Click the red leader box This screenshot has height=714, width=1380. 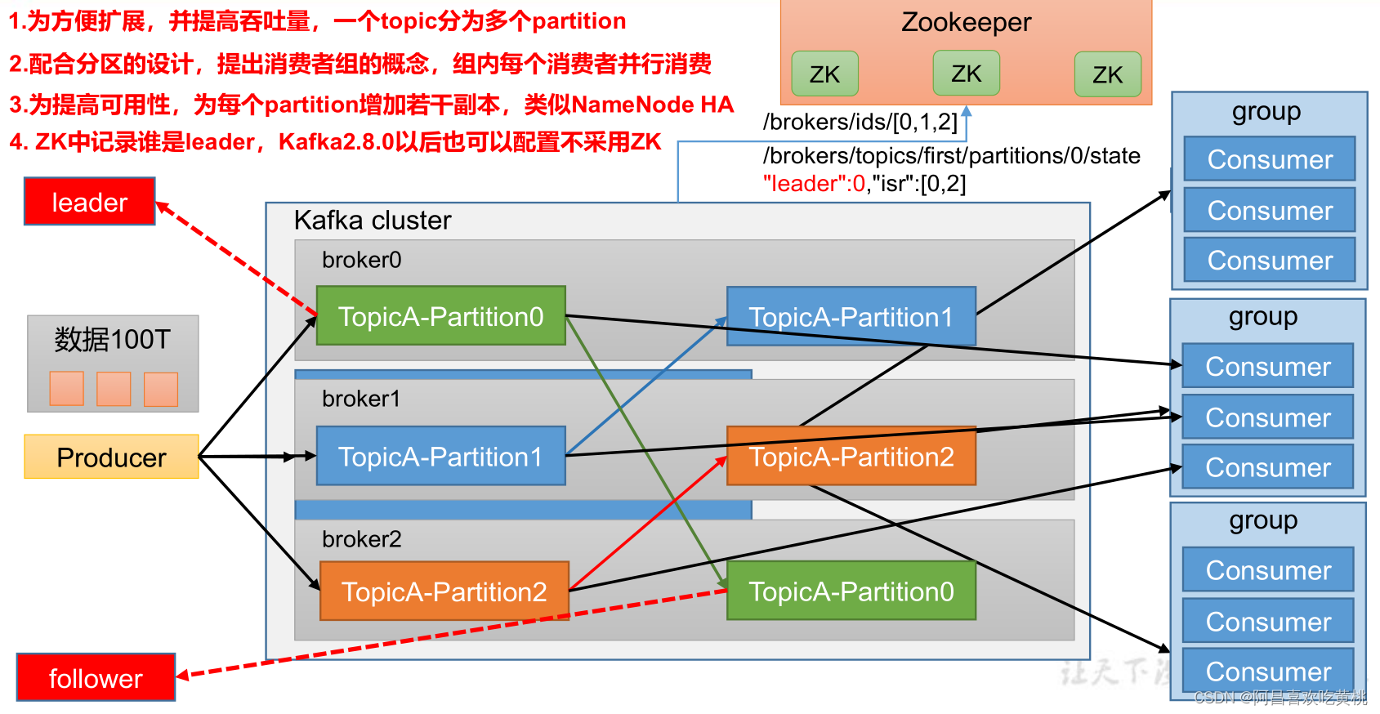click(x=90, y=202)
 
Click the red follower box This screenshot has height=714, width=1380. click(x=96, y=677)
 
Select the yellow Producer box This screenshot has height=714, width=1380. click(x=111, y=457)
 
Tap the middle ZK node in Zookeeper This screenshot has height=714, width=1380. click(x=966, y=74)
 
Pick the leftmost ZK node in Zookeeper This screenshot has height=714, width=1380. click(x=824, y=74)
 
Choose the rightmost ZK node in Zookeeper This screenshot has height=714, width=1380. click(x=1108, y=74)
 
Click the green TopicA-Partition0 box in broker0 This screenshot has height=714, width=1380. click(x=441, y=315)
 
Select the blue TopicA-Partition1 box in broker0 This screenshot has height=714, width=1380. click(x=851, y=316)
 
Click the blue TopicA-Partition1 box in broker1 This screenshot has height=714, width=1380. click(x=441, y=456)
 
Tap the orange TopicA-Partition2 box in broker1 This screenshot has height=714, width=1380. click(x=851, y=456)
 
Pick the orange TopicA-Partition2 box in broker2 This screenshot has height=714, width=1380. click(x=444, y=591)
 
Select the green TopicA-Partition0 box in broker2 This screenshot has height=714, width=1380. click(x=851, y=590)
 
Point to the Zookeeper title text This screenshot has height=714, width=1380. click(x=966, y=22)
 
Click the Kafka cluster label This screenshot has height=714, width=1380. click(x=373, y=220)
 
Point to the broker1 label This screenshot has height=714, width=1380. click(x=361, y=399)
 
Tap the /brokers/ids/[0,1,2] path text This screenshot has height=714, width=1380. click(x=860, y=122)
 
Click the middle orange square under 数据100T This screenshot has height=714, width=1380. click(x=114, y=389)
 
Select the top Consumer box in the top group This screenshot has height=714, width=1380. click(x=1270, y=159)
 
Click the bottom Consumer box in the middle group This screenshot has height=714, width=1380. click(x=1268, y=467)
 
